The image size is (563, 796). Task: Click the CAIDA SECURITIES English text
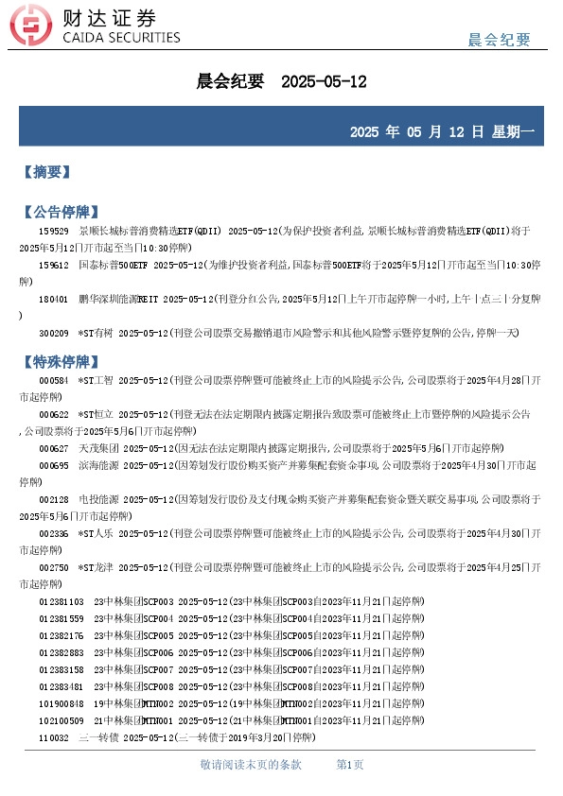[120, 38]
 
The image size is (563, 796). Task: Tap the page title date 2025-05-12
[324, 82]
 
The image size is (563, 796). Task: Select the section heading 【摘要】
[46, 173]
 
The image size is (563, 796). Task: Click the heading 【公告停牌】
[60, 211]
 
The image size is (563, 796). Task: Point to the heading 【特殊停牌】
[60, 362]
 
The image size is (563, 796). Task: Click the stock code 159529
[53, 231]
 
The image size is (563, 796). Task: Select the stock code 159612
[53, 265]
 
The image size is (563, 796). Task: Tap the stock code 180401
[53, 299]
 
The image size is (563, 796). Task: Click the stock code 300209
[53, 333]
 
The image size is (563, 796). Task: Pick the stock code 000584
[53, 380]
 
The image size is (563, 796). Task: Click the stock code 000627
[53, 448]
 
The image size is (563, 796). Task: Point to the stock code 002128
[53, 499]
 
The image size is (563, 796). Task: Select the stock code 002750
[53, 567]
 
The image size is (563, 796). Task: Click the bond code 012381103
[61, 601]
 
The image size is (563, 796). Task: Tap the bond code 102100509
[61, 720]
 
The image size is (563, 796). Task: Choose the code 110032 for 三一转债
[53, 737]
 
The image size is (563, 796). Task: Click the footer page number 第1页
[350, 764]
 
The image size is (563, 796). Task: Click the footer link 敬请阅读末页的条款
[251, 764]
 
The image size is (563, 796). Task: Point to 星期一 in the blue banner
[513, 131]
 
